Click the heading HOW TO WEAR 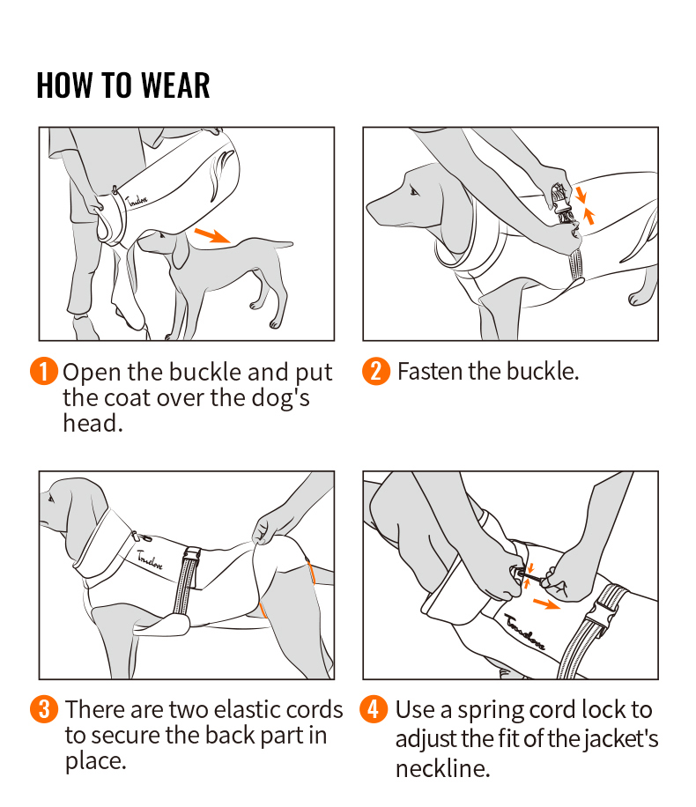(123, 85)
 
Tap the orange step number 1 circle (44, 372)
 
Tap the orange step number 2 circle (376, 371)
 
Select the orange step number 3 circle (44, 709)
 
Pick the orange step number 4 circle (374, 709)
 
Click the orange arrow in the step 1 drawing (212, 235)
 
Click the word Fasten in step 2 (429, 371)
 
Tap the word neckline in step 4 (441, 768)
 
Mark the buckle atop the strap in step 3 (190, 556)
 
